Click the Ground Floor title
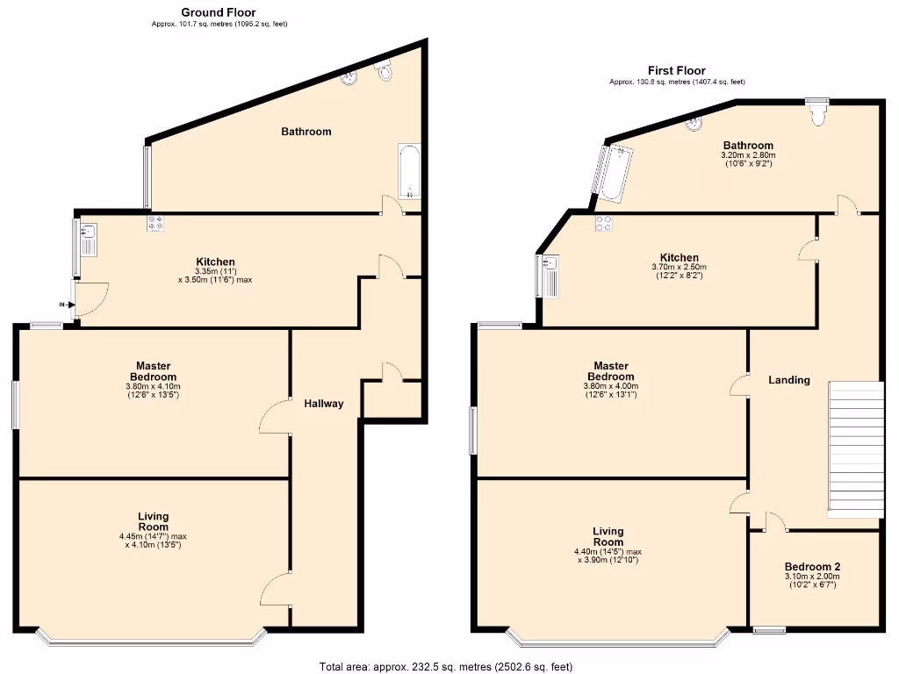pyautogui.click(x=219, y=12)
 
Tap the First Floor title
pyautogui.click(x=676, y=70)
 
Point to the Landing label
pyautogui.click(x=788, y=380)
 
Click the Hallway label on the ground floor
pyautogui.click(x=323, y=404)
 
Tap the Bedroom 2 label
pyautogui.click(x=812, y=567)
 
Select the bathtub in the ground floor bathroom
pyautogui.click(x=409, y=171)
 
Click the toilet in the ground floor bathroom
pyautogui.click(x=384, y=71)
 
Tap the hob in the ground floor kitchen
pyautogui.click(x=156, y=224)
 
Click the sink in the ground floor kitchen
pyautogui.click(x=88, y=235)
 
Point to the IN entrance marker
pyautogui.click(x=61, y=304)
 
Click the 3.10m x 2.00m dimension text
pyautogui.click(x=812, y=577)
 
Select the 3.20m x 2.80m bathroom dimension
pyautogui.click(x=748, y=155)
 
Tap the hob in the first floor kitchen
pyautogui.click(x=604, y=223)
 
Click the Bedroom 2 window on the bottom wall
pyautogui.click(x=769, y=629)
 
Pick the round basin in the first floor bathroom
pyautogui.click(x=695, y=123)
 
